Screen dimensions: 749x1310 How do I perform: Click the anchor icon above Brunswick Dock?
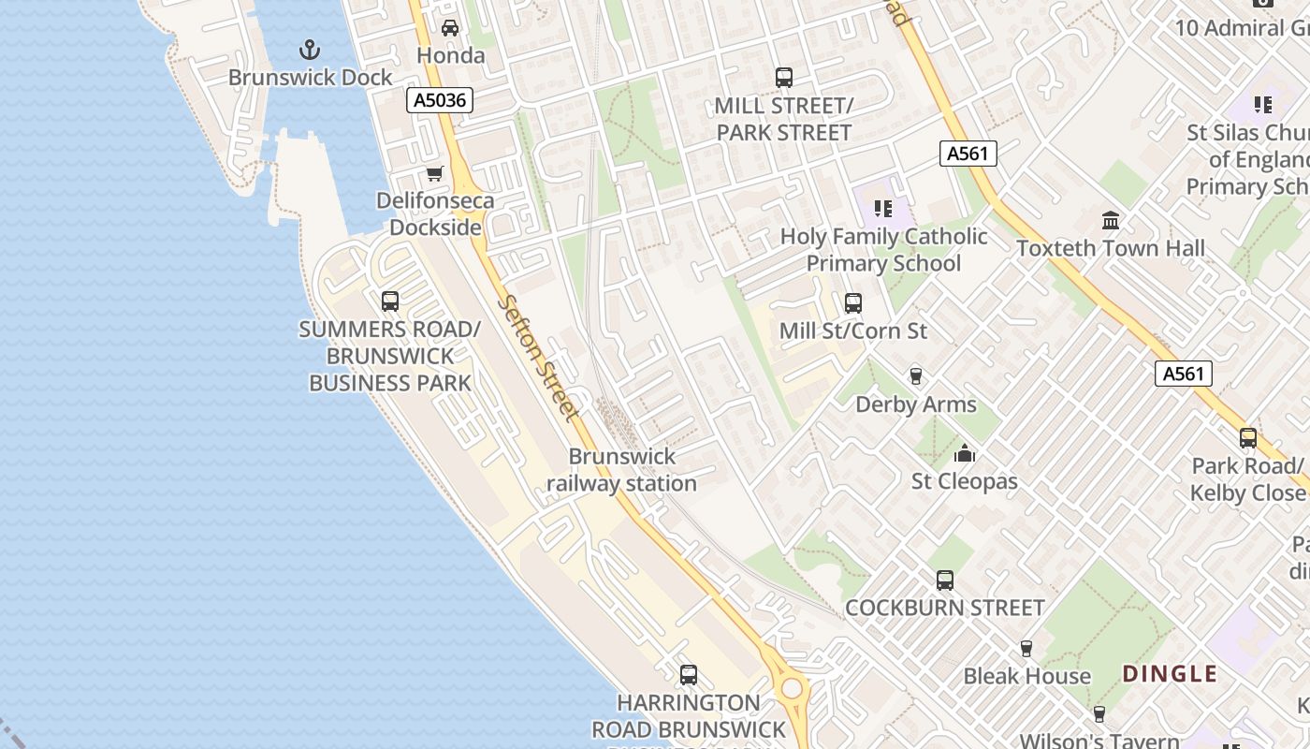pyautogui.click(x=309, y=50)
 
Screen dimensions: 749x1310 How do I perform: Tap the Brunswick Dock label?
pyautogui.click(x=311, y=78)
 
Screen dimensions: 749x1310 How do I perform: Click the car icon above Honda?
pyautogui.click(x=450, y=28)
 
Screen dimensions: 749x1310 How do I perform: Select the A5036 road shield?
pyautogui.click(x=439, y=100)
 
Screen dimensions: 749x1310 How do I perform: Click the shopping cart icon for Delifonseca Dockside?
pyautogui.click(x=434, y=174)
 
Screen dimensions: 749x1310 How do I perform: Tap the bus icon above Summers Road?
pyautogui.click(x=390, y=301)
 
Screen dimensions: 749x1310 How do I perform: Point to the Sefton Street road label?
pyautogui.click(x=539, y=357)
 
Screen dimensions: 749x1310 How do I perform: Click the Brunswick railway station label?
pyautogui.click(x=622, y=470)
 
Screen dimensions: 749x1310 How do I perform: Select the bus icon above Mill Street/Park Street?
pyautogui.click(x=784, y=78)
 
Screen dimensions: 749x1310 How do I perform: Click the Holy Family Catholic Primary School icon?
pyautogui.click(x=883, y=208)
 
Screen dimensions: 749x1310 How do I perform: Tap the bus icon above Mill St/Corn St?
pyautogui.click(x=852, y=303)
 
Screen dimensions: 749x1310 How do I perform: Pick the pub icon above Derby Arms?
pyautogui.click(x=916, y=376)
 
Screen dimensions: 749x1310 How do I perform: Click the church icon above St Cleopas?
pyautogui.click(x=965, y=455)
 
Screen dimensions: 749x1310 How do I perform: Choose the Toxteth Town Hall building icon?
pyautogui.click(x=1111, y=221)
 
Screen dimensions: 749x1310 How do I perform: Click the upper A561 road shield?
pyautogui.click(x=968, y=154)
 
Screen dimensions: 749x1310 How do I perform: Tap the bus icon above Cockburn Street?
pyautogui.click(x=945, y=580)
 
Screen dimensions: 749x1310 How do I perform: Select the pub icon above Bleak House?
pyautogui.click(x=1026, y=649)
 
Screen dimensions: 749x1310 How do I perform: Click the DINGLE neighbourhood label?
pyautogui.click(x=1170, y=674)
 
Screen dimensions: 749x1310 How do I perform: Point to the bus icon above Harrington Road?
pyautogui.click(x=689, y=674)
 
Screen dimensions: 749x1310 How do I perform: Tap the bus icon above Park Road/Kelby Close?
pyautogui.click(x=1247, y=438)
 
